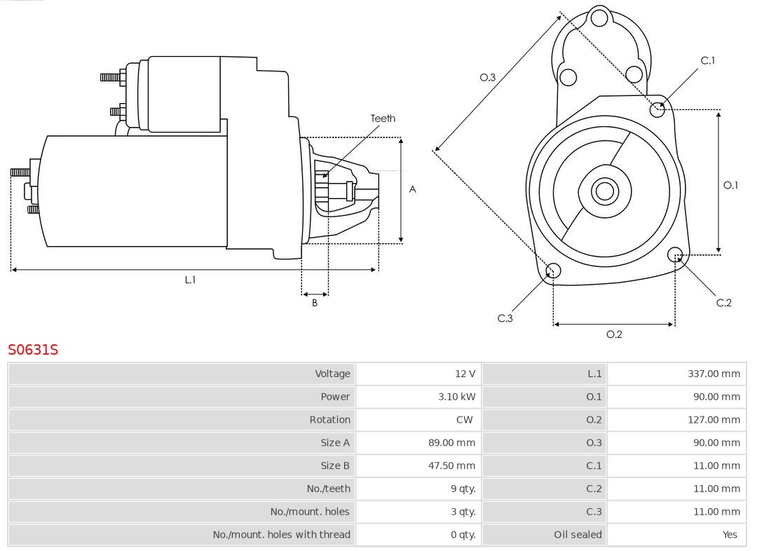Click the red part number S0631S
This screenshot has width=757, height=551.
33,349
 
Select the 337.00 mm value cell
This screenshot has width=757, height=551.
714,374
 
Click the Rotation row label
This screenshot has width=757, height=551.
329,420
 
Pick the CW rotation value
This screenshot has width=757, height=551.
464,420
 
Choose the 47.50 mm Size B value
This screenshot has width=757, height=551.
451,465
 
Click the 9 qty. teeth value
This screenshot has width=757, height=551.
463,489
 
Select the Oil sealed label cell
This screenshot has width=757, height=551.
578,535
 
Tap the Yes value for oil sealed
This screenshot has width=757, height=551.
730,535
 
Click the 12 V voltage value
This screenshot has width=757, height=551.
465,374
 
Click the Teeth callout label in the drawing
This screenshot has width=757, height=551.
383,118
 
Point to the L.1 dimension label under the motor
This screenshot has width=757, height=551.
190,280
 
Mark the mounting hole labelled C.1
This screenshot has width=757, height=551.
657,109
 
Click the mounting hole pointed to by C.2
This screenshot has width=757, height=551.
675,254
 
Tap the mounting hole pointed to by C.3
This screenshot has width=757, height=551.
552,271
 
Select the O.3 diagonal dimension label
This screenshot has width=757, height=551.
487,77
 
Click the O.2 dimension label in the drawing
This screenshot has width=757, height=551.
614,334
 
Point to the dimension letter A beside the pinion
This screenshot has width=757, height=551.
412,189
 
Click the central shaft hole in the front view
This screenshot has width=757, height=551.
603,191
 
